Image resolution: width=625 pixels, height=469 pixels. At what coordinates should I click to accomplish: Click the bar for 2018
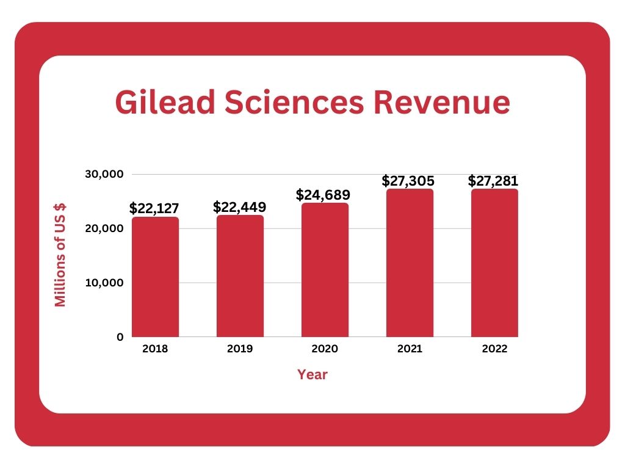click(x=155, y=277)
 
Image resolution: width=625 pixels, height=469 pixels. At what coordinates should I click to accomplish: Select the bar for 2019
click(x=240, y=275)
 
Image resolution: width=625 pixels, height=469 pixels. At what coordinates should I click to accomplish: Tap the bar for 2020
click(x=325, y=269)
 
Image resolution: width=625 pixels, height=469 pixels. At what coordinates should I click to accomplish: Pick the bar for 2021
click(x=410, y=263)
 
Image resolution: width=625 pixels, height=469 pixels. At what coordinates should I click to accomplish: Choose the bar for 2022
click(x=494, y=263)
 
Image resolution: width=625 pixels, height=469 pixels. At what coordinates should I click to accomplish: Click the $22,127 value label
click(x=154, y=208)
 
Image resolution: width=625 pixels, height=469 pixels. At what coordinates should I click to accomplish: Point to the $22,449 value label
click(x=239, y=206)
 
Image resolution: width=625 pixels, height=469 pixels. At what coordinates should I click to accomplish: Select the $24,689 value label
click(x=323, y=195)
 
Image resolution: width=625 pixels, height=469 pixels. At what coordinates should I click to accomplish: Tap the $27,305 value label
click(x=408, y=181)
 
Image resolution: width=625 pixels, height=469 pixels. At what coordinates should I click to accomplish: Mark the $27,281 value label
click(x=493, y=181)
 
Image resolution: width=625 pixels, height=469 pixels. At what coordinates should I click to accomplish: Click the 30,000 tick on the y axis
click(x=104, y=174)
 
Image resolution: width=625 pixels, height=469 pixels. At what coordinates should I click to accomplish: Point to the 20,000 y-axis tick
click(x=104, y=228)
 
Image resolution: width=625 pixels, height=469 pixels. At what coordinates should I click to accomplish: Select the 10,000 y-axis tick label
click(x=104, y=283)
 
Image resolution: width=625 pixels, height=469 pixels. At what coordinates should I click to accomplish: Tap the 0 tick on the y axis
click(x=120, y=337)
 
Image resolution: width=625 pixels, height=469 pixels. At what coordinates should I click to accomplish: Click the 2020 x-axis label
click(x=325, y=349)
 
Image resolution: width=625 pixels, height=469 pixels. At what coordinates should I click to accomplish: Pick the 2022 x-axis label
click(x=494, y=349)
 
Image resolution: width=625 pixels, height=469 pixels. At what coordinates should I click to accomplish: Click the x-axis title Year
click(x=312, y=374)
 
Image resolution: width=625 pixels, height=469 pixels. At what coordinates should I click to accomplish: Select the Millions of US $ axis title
click(x=60, y=255)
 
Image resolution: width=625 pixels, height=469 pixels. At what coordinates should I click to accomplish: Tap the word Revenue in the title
click(x=442, y=102)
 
